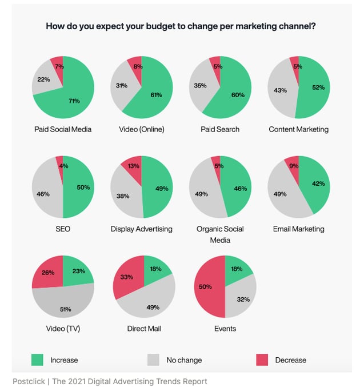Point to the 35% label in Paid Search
(x=200, y=86)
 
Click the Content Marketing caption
(x=298, y=129)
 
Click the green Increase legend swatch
(x=38, y=360)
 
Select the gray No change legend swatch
(x=154, y=360)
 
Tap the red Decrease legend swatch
(x=262, y=360)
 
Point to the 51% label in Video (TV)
(x=66, y=309)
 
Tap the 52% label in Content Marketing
(x=317, y=87)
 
